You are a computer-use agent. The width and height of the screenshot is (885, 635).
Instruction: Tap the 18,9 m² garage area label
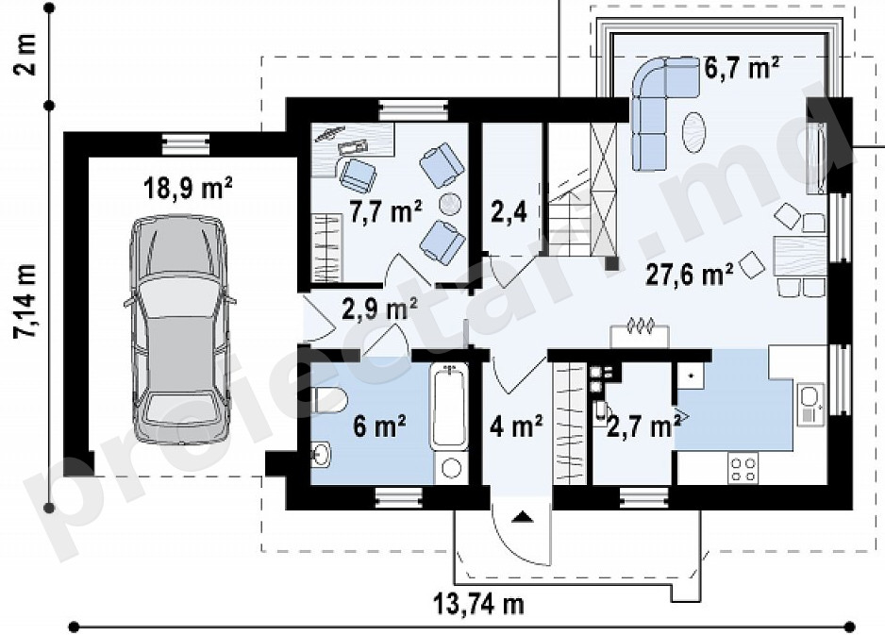(188, 188)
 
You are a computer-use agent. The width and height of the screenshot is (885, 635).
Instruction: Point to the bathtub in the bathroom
(449, 407)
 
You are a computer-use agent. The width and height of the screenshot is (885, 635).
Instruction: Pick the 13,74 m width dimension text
(478, 604)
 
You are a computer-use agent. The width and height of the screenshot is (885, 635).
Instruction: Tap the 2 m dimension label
(25, 55)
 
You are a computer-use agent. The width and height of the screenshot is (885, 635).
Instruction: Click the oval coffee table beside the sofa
(693, 132)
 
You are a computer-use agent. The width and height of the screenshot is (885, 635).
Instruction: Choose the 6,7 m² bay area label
(743, 68)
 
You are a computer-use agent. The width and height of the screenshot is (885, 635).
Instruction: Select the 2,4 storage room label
(509, 213)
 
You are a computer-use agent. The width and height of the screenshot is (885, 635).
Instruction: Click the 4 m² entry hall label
(516, 426)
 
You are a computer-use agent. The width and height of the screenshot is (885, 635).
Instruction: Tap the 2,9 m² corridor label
(380, 309)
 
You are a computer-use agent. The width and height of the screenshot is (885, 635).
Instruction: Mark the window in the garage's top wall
(186, 143)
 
